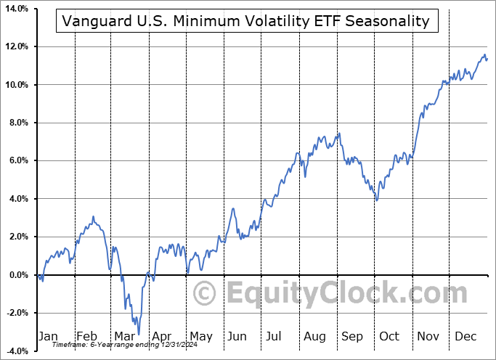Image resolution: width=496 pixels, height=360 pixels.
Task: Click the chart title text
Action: point(247,21)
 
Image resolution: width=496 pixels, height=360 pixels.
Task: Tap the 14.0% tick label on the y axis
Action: point(15,9)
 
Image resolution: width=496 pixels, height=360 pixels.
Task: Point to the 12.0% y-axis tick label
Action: point(15,46)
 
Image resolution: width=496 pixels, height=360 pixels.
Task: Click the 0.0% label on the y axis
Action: point(17,275)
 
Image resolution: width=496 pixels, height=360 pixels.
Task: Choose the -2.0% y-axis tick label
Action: point(16,313)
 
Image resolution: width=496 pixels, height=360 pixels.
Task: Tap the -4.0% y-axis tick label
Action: point(16,351)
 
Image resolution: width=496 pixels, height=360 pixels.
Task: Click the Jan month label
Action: point(48,337)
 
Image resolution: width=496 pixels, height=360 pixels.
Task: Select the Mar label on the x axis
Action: point(123,337)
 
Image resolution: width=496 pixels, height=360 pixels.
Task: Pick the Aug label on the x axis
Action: point(315,337)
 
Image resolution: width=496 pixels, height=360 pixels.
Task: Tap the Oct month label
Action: point(390,337)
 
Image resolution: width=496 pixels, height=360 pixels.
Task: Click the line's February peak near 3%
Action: point(93,216)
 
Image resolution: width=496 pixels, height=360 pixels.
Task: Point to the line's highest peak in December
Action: point(484,54)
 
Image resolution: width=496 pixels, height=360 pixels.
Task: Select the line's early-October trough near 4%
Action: point(376,200)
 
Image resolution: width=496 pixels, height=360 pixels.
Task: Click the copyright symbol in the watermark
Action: point(205,294)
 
